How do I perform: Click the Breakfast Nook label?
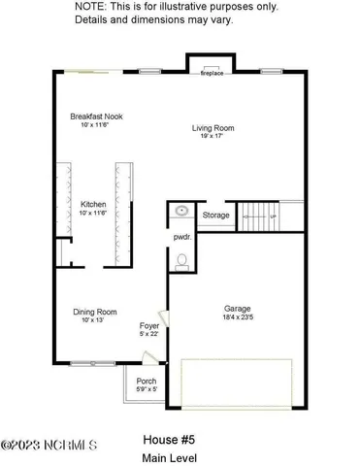click(94, 116)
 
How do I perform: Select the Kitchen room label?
click(93, 204)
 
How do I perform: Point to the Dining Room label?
click(95, 312)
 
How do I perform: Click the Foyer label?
click(149, 327)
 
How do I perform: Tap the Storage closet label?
click(215, 216)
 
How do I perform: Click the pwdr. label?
click(181, 238)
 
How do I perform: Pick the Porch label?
click(147, 382)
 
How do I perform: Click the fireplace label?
click(212, 74)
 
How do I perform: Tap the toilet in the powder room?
click(181, 260)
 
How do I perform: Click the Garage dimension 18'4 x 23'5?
click(238, 316)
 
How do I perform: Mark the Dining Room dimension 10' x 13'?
click(93, 320)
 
